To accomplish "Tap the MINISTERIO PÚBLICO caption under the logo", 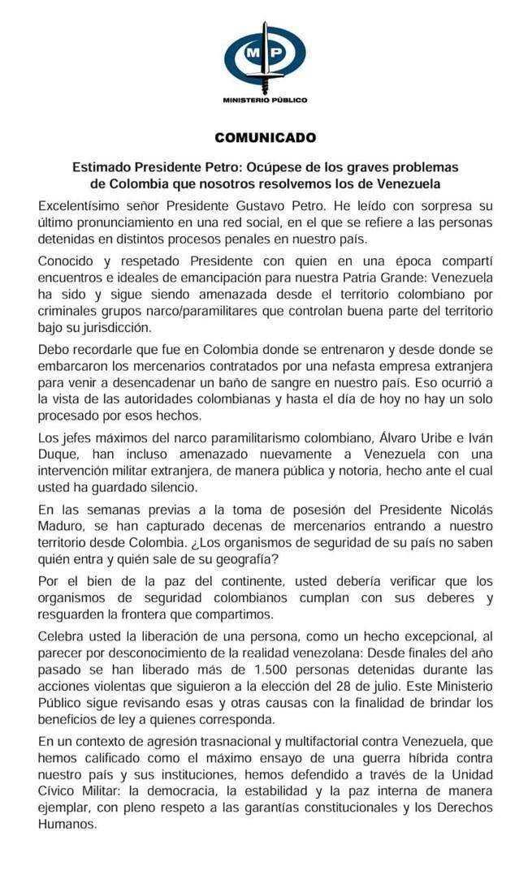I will (x=265, y=100).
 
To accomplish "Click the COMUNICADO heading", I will (x=265, y=137).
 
